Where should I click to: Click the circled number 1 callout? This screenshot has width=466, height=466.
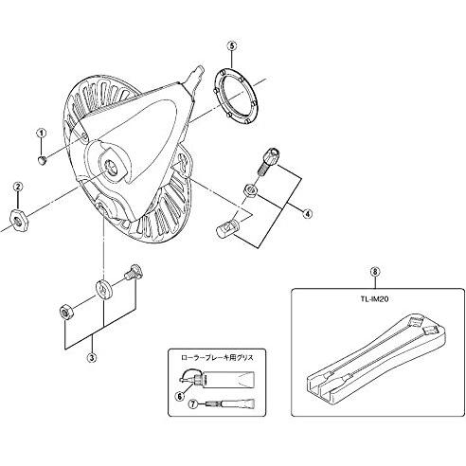pyautogui.click(x=42, y=133)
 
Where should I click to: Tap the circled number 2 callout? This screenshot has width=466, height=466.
pyautogui.click(x=18, y=187)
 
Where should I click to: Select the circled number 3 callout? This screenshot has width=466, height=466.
pyautogui.click(x=92, y=357)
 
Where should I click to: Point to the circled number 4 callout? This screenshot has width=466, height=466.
pyautogui.click(x=307, y=213)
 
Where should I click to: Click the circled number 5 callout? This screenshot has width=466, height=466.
pyautogui.click(x=231, y=45)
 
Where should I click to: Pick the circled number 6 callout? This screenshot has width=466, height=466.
pyautogui.click(x=180, y=396)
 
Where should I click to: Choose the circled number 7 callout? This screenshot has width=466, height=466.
pyautogui.click(x=192, y=403)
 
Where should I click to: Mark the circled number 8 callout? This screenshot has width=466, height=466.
pyautogui.click(x=375, y=272)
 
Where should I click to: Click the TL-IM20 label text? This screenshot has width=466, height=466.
pyautogui.click(x=375, y=299)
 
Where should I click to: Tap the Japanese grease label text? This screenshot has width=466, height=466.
pyautogui.click(x=217, y=358)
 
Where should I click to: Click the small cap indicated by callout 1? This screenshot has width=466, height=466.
pyautogui.click(x=42, y=160)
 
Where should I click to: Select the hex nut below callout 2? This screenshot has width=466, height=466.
pyautogui.click(x=20, y=219)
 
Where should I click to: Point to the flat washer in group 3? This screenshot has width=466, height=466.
pyautogui.click(x=104, y=289)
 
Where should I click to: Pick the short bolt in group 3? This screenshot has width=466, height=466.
pyautogui.click(x=134, y=273)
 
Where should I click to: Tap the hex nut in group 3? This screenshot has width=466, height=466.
pyautogui.click(x=66, y=312)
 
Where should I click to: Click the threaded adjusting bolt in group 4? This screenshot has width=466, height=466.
pyautogui.click(x=269, y=160)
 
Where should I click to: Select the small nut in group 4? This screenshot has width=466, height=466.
pyautogui.click(x=250, y=189)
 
